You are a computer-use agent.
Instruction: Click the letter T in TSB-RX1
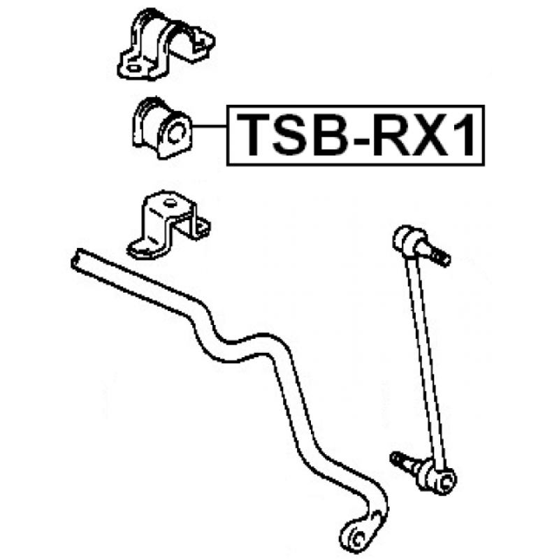click(254, 135)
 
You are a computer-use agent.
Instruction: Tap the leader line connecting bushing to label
click(210, 126)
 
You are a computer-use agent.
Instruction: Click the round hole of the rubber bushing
click(177, 131)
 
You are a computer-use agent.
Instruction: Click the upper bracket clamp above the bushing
click(165, 43)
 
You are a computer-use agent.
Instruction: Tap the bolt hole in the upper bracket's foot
click(133, 68)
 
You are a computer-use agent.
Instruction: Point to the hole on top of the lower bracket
click(170, 203)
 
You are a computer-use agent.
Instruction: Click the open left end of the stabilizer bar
click(76, 259)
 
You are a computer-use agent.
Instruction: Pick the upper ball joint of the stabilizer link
click(409, 239)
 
